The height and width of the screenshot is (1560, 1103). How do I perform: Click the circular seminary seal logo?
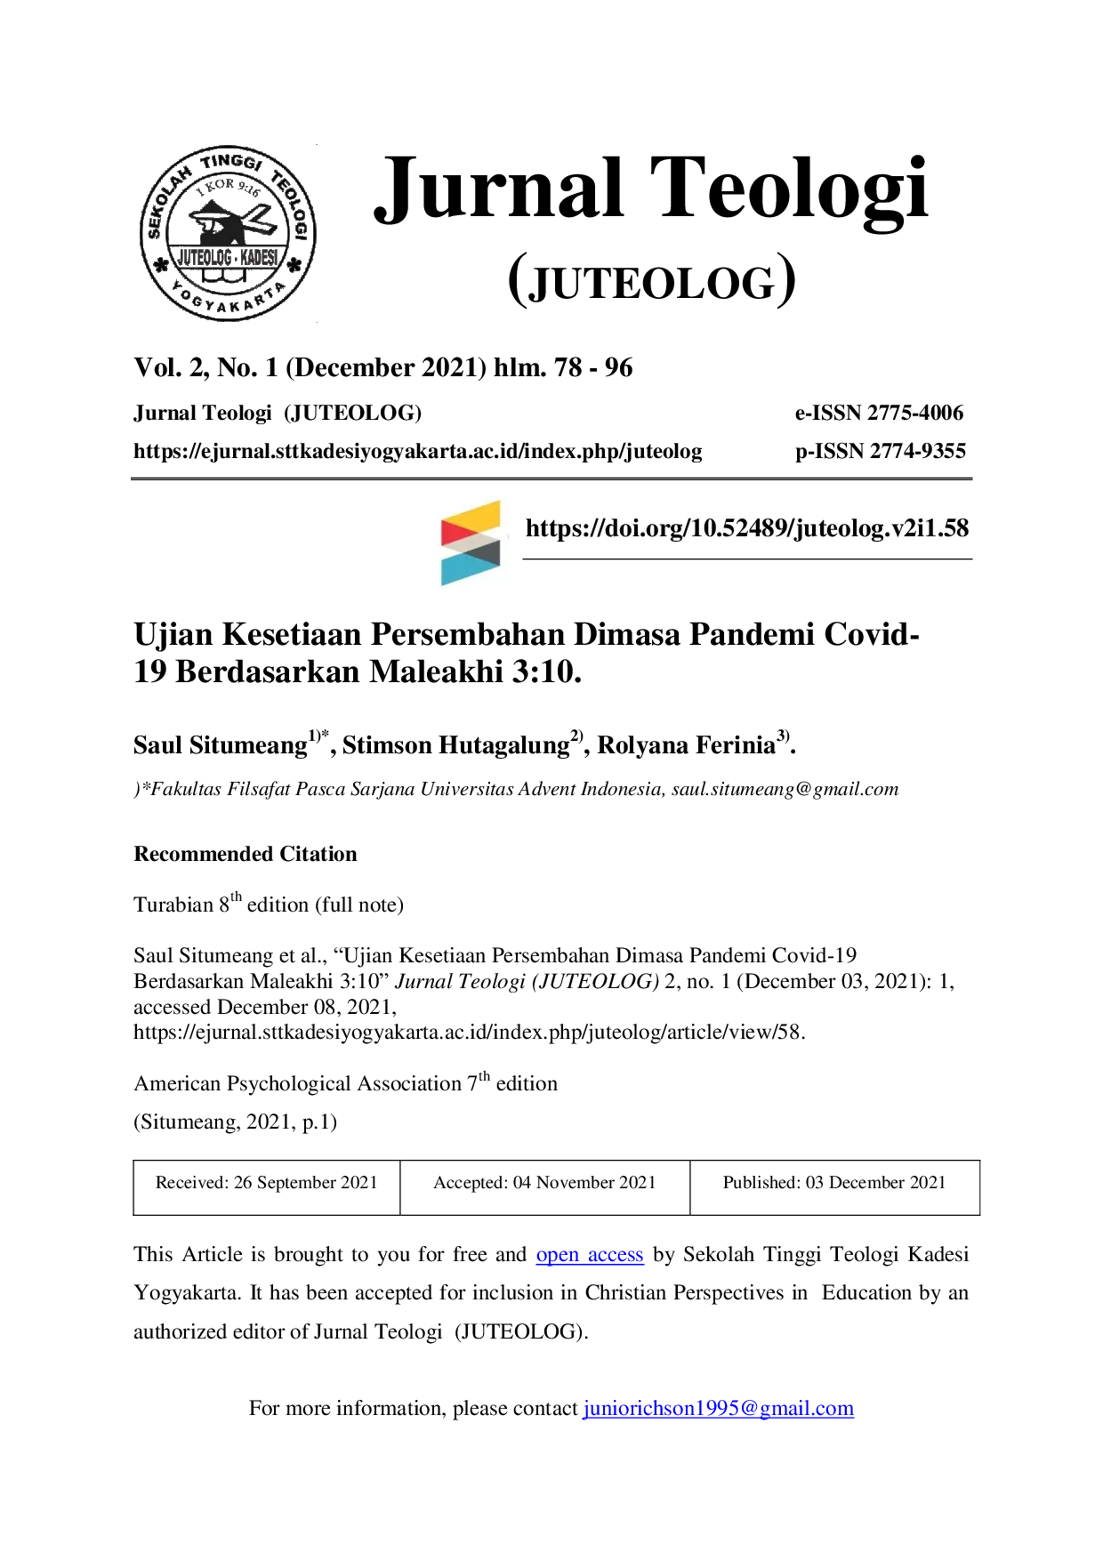click(229, 233)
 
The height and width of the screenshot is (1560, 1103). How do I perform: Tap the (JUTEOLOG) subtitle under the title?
click(652, 281)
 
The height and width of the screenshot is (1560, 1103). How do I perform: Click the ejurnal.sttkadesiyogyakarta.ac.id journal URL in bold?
click(418, 452)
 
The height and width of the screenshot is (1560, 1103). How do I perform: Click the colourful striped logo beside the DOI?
click(471, 543)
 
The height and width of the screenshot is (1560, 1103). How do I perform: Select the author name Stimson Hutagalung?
click(456, 744)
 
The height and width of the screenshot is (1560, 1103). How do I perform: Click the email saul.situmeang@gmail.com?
click(785, 790)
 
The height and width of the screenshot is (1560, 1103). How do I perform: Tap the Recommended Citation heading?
click(246, 854)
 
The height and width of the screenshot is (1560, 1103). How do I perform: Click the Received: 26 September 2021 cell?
click(267, 1187)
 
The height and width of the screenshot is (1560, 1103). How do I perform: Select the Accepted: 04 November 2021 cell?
click(545, 1187)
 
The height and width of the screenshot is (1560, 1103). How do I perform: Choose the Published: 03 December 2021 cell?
click(834, 1187)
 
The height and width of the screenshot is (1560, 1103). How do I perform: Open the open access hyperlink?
click(590, 1255)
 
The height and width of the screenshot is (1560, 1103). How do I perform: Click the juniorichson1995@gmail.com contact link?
click(719, 1409)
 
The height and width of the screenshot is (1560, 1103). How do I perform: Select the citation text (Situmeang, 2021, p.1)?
click(236, 1122)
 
